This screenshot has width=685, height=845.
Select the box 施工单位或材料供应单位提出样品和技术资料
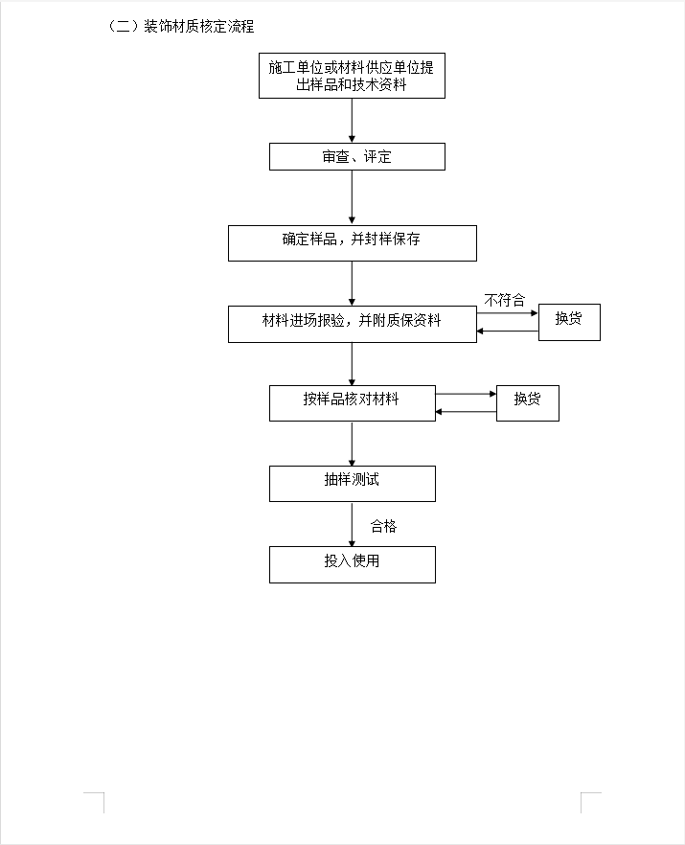coord(352,77)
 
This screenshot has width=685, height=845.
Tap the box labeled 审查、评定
coord(356,156)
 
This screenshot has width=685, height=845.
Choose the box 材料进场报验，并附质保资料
coord(352,323)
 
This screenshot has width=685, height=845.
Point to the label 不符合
coord(504,300)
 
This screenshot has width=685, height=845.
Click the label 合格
coord(383,526)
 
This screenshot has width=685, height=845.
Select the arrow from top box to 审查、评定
coord(352,121)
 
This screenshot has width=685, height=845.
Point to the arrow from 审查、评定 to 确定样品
coord(352,197)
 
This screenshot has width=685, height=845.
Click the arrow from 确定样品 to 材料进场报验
coord(352,284)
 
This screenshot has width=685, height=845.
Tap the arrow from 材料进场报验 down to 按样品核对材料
coord(352,363)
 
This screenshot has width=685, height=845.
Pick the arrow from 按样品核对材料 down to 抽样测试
coord(352,444)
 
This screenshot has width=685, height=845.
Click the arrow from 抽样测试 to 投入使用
coord(352,524)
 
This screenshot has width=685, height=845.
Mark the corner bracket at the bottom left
coord(96,801)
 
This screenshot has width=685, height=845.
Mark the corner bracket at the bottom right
coord(589,801)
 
